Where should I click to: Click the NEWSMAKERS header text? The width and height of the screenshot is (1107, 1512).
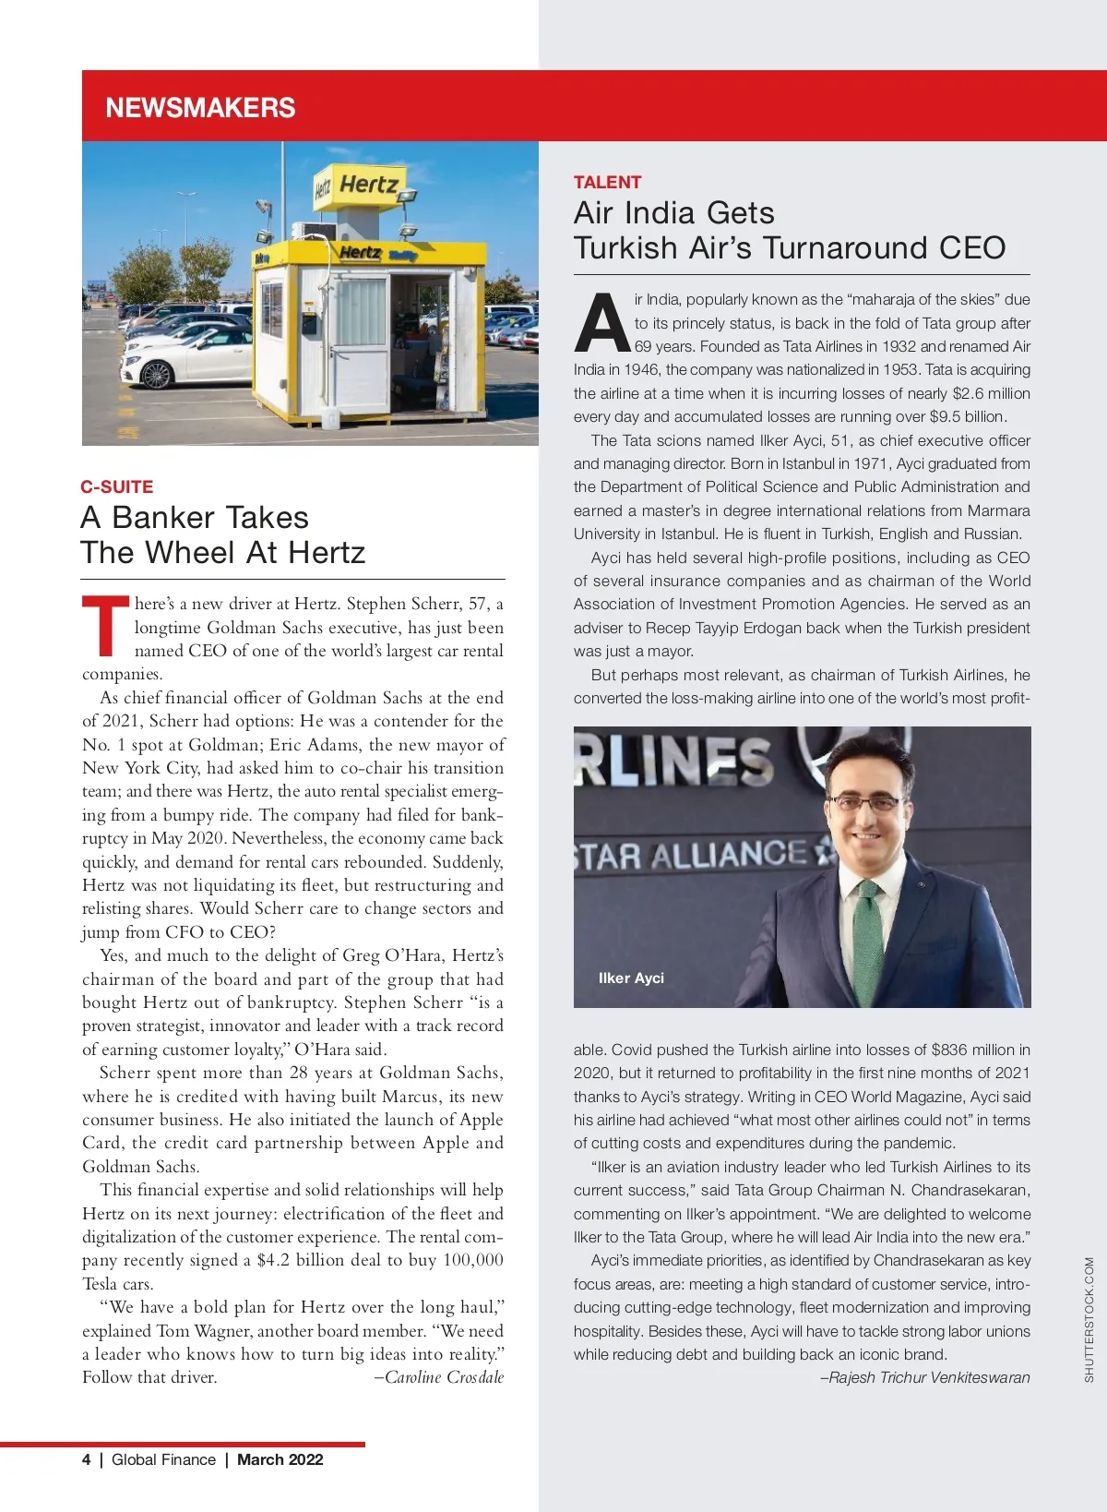200,108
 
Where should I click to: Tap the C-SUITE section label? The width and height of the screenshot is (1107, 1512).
117,486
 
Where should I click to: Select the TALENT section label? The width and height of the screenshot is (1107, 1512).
607,182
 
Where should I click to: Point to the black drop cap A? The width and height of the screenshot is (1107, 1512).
601,324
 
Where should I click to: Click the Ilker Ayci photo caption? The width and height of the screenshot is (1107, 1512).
631,978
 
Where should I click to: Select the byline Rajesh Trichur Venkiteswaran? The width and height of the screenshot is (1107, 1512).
925,1377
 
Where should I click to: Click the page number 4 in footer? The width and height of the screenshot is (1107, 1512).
87,1459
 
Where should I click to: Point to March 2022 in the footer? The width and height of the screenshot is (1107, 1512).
280,1459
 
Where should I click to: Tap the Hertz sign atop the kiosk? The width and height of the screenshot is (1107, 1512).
367,186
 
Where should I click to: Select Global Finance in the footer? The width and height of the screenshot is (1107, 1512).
163,1459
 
